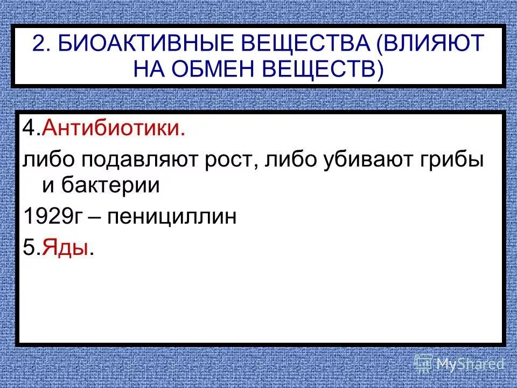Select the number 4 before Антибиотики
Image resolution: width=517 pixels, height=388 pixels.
28,130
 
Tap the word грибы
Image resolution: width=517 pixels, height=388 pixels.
453,160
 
